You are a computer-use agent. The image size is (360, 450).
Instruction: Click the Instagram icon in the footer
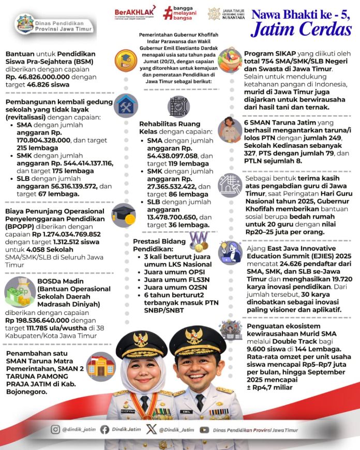pos(55,429)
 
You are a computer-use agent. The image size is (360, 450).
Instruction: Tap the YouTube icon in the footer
pos(205,429)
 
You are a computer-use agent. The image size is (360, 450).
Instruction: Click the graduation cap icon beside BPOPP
pos(124,213)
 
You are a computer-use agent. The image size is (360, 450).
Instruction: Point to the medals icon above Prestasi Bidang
pos(199,241)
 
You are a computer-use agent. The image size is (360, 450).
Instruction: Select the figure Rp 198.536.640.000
pos(39,320)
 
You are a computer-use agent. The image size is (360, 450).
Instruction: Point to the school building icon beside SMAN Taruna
pos(101,365)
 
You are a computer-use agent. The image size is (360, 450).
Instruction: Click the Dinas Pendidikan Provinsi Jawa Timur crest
pos(25,23)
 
